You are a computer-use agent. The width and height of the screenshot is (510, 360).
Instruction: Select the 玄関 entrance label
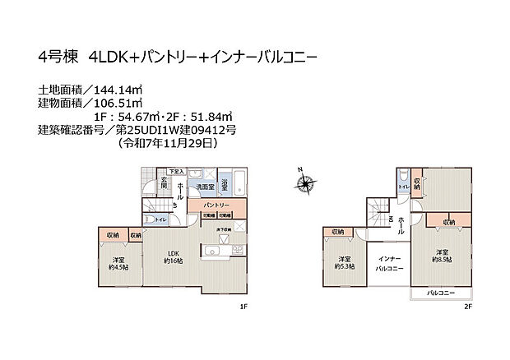tap(165, 186)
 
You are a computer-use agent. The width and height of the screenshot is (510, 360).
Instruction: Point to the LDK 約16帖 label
tap(174, 256)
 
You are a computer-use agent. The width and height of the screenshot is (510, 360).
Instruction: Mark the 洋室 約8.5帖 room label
tap(441, 256)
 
